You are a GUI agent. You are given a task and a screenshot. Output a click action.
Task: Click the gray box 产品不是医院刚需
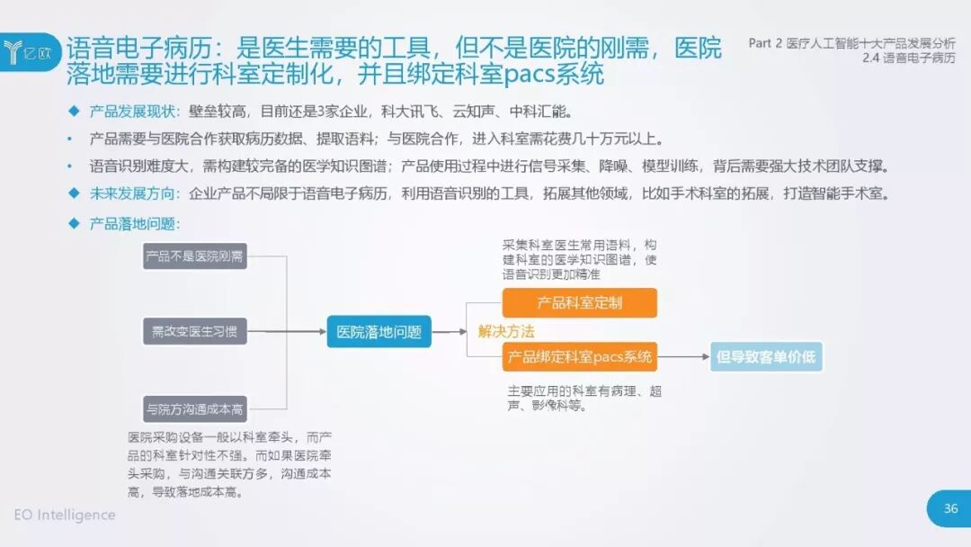coord(194,256)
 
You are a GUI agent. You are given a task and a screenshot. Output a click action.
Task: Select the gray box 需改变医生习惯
coord(194,331)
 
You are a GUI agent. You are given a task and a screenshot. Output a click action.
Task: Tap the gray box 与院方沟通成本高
coord(194,408)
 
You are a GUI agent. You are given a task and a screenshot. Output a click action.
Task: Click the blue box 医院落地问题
coord(379,331)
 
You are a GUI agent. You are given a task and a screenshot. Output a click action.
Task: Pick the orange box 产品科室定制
coord(579,303)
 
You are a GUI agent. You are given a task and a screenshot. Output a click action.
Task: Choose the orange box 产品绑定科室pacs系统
coord(579,357)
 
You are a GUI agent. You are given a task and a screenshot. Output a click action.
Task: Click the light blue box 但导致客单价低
coord(765,357)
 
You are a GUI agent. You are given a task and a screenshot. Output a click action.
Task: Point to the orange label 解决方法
coord(506,330)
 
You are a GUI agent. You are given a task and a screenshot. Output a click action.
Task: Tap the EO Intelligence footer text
coord(65,515)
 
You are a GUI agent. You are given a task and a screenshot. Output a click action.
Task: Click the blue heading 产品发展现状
coord(135,112)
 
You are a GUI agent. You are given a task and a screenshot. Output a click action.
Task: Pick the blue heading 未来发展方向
coord(135,193)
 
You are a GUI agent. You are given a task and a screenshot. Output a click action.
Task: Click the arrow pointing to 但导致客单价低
coord(683,357)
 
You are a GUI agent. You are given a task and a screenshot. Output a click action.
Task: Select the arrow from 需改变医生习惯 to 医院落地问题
coord(286,331)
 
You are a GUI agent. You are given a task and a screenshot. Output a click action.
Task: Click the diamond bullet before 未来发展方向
coord(74,193)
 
